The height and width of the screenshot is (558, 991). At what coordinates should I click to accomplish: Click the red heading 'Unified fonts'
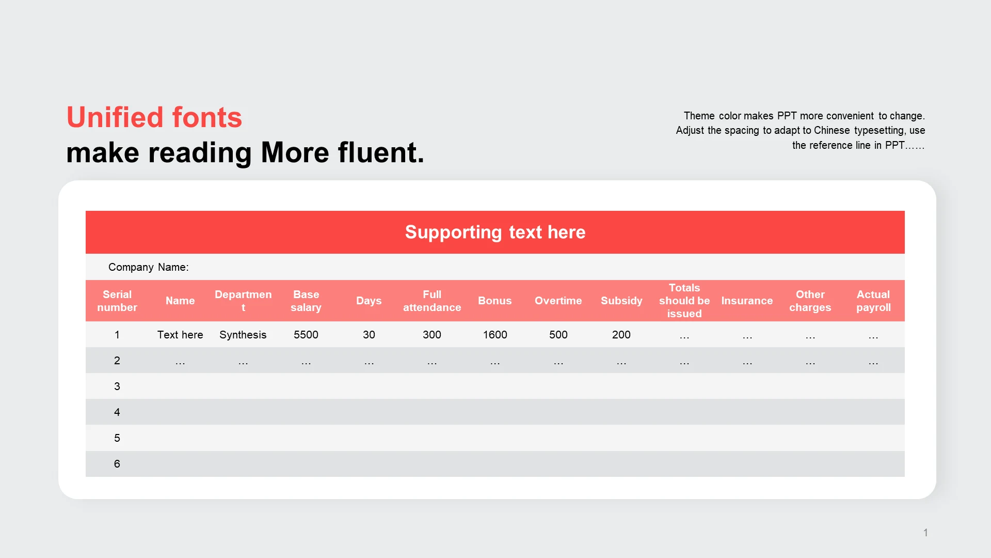pyautogui.click(x=154, y=117)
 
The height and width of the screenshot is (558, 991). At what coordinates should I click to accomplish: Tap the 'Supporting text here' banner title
pyautogui.click(x=495, y=233)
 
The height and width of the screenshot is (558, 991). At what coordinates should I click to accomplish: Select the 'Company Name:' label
pyautogui.click(x=149, y=267)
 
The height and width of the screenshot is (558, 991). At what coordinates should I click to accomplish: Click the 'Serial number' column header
pyautogui.click(x=117, y=301)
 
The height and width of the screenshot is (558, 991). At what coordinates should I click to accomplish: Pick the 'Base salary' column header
pyautogui.click(x=306, y=301)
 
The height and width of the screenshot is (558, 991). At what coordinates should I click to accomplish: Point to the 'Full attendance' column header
pyautogui.click(x=432, y=301)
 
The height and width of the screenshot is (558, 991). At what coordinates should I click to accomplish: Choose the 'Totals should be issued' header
pyautogui.click(x=684, y=301)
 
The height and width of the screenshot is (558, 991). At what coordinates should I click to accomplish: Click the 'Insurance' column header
pyautogui.click(x=747, y=301)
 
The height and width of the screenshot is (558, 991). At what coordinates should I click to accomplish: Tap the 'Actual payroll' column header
pyautogui.click(x=873, y=301)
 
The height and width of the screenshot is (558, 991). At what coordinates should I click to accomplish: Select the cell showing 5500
pyautogui.click(x=306, y=335)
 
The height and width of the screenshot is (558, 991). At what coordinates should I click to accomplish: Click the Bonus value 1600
pyautogui.click(x=495, y=335)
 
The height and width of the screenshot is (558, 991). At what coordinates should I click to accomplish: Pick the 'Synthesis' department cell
pyautogui.click(x=243, y=335)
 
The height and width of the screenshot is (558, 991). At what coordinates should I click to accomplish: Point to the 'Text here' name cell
pyautogui.click(x=180, y=335)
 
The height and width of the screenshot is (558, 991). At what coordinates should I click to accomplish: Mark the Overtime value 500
pyautogui.click(x=558, y=335)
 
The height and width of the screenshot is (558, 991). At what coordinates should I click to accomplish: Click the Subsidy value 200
pyautogui.click(x=621, y=335)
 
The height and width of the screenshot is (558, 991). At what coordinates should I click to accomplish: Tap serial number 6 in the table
pyautogui.click(x=117, y=464)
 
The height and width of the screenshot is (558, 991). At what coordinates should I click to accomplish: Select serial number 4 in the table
pyautogui.click(x=117, y=412)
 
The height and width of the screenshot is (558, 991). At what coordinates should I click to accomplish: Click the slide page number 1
pyautogui.click(x=926, y=533)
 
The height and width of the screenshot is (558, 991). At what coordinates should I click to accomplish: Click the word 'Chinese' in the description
pyautogui.click(x=832, y=130)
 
